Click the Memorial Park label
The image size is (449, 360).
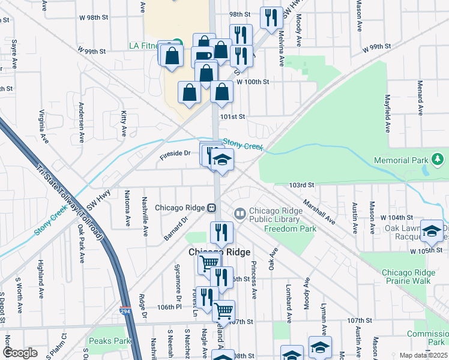coord(400,160)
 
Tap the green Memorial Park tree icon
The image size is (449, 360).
coord(438,160)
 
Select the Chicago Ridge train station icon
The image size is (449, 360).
coord(211,208)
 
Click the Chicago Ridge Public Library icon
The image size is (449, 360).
coord(240,214)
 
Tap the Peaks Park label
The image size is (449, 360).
coord(110,341)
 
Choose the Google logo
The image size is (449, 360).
coord(19,353)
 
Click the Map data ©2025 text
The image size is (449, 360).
coord(424,355)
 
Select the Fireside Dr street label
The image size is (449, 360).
coord(175,154)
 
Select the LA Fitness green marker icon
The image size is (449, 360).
coord(176,44)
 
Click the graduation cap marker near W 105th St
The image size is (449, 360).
coord(432,230)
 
